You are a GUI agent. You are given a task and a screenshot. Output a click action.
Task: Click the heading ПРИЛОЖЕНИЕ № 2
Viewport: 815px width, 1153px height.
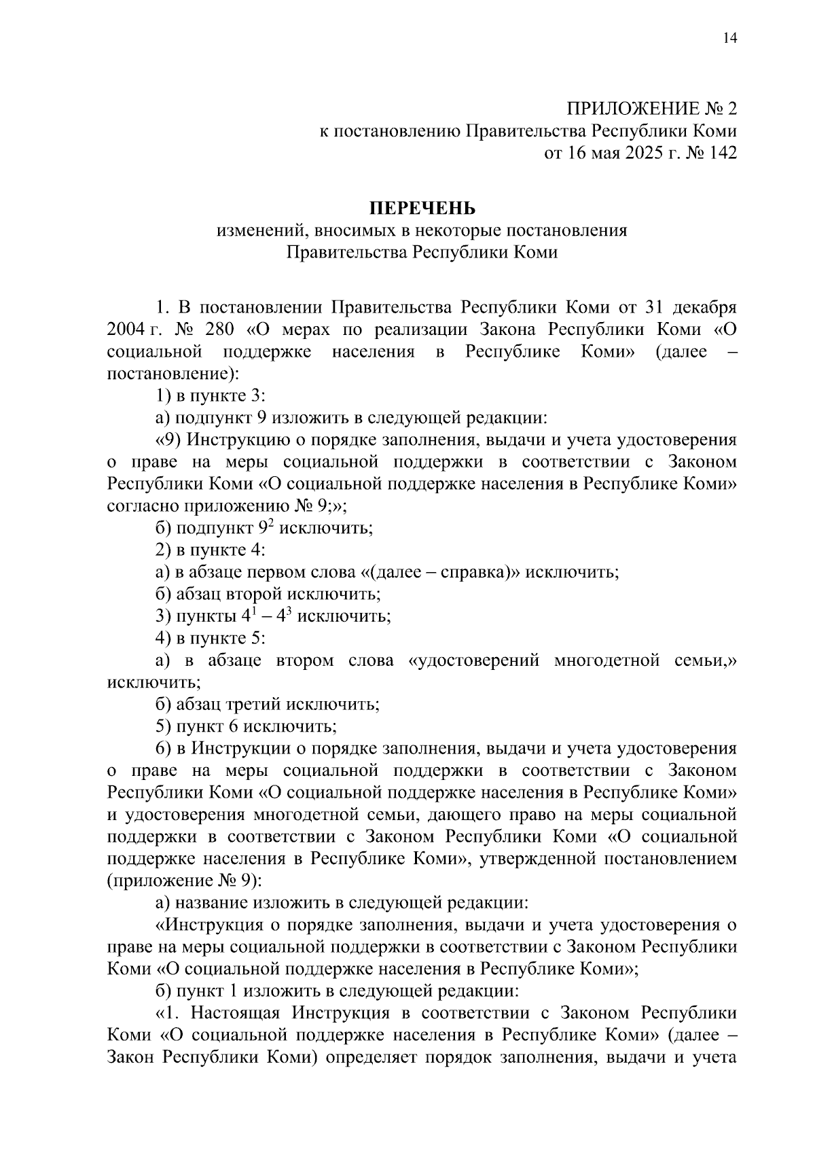point(651,109)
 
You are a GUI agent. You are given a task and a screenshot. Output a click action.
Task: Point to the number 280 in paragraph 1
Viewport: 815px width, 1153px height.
point(217,330)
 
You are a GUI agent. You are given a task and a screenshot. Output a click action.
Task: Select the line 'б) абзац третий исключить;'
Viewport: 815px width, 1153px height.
point(268,704)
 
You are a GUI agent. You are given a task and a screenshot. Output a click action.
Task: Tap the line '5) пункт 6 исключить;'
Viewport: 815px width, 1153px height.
point(246,726)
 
